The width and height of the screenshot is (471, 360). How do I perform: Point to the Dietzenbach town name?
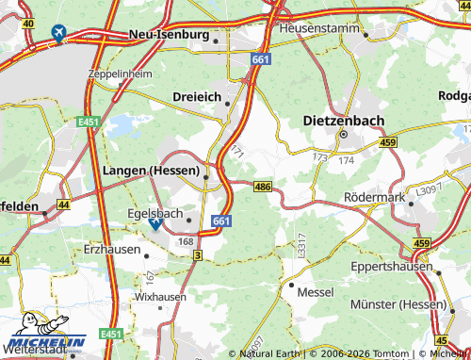coord(343,120)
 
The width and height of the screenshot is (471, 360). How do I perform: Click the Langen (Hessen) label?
coord(148,171)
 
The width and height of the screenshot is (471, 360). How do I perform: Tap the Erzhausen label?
coord(111,252)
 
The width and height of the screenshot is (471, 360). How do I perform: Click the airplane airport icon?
coord(59,35)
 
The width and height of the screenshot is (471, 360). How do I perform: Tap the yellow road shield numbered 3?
coord(197,255)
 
